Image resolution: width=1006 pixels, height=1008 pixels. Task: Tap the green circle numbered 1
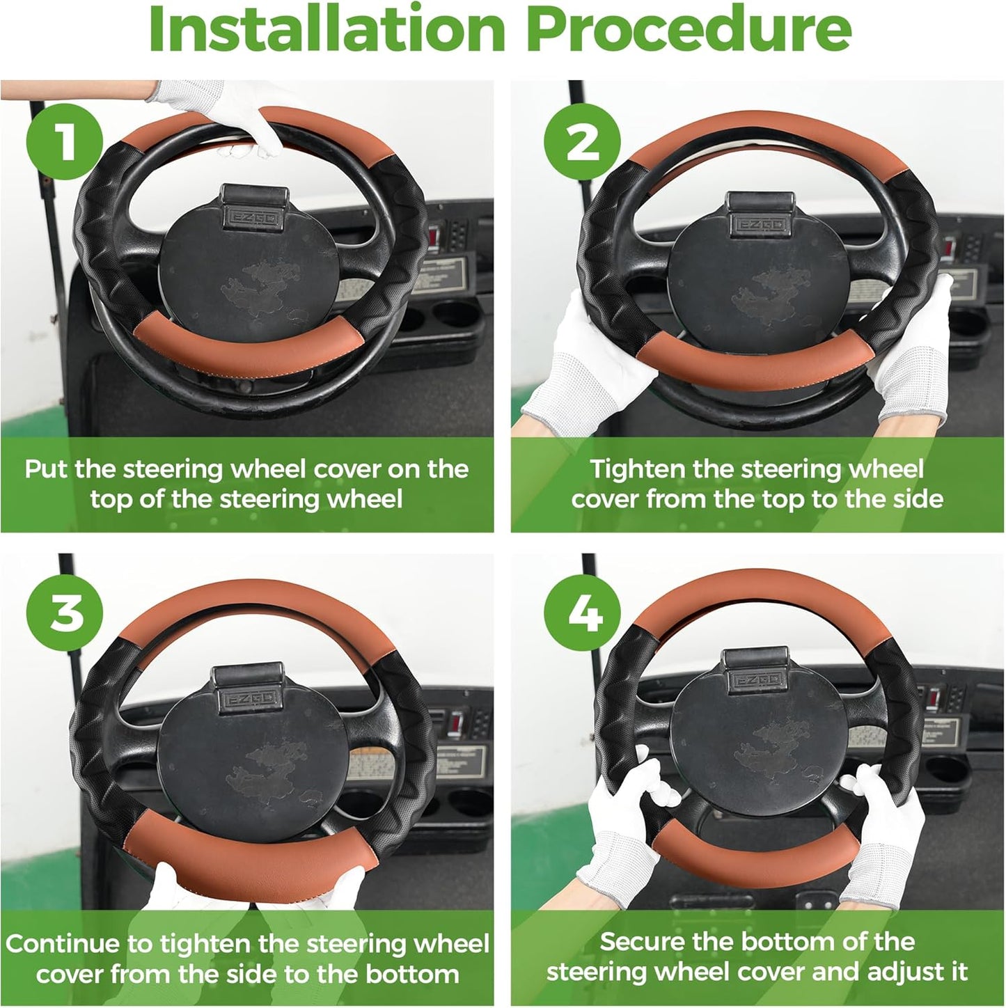point(65,141)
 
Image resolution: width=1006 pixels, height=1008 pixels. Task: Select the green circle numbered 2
point(582,141)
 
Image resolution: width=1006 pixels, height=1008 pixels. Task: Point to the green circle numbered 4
point(582,613)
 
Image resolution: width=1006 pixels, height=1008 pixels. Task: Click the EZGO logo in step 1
point(252,218)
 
